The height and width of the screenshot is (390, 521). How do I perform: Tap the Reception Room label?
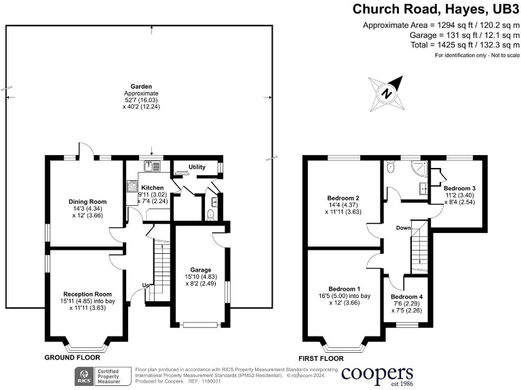[x=87, y=295]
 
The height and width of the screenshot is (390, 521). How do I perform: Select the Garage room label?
[x=200, y=269]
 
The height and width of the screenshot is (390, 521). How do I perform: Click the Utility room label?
[x=197, y=167]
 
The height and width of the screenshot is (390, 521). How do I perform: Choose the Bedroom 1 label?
[x=345, y=288]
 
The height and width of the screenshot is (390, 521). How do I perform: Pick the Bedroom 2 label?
[x=343, y=198]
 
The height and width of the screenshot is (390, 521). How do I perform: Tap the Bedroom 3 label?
[x=459, y=188]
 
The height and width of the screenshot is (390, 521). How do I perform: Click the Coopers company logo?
[x=377, y=374]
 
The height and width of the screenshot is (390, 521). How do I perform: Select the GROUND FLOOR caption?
[x=69, y=357]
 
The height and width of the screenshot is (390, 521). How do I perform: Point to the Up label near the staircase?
[x=144, y=285]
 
